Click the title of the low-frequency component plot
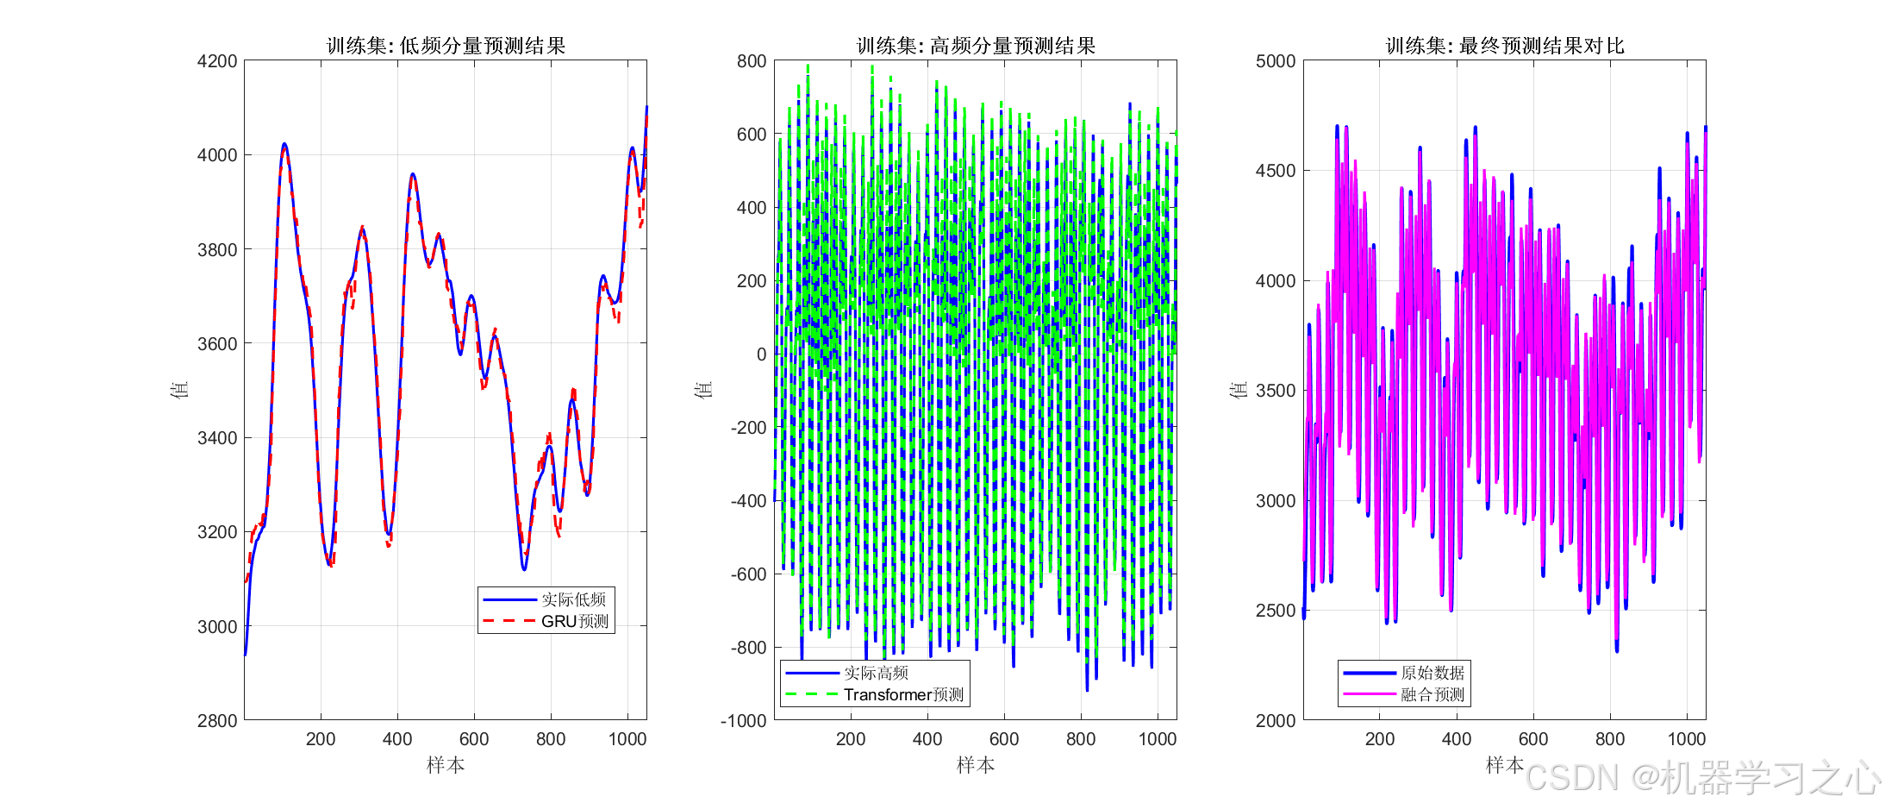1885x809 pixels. point(446,46)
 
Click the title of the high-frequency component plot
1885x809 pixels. point(976,46)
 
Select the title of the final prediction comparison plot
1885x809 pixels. point(1505,46)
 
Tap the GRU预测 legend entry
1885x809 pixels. point(574,621)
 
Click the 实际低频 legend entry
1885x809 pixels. point(573,599)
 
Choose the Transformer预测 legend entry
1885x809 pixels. point(902,694)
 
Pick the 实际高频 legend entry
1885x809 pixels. point(876,673)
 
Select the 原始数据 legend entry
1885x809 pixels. point(1432,673)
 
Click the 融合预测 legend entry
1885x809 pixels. point(1432,694)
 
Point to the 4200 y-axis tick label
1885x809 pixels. point(217,61)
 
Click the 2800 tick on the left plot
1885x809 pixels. point(217,721)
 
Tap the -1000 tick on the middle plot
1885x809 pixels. point(744,721)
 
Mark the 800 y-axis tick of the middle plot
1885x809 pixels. point(752,61)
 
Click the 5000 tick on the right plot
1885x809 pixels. point(1276,61)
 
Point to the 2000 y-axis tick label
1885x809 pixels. point(1276,721)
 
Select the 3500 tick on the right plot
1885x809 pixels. point(1276,391)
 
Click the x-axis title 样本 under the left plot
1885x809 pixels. point(446,765)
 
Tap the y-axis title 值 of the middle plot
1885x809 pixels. point(704,390)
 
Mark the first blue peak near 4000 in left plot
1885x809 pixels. point(284,144)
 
